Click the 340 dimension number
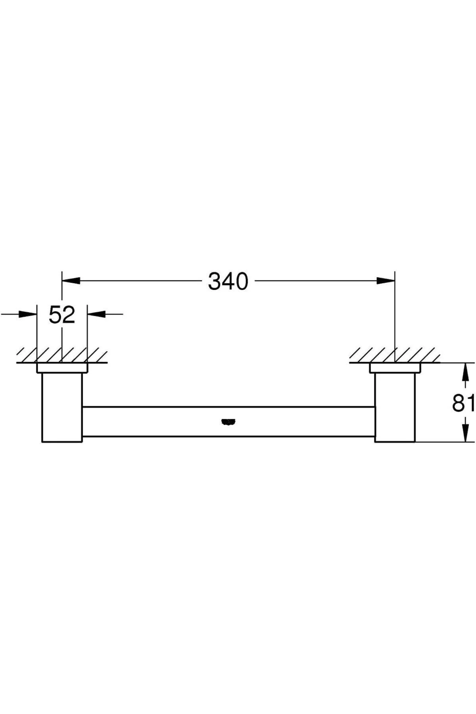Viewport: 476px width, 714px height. (x=228, y=282)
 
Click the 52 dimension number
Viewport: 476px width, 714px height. (x=62, y=315)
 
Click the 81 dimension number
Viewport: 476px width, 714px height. (x=463, y=403)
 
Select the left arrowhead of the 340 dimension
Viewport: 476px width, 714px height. (x=71, y=280)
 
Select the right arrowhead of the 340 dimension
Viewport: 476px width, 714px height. (x=386, y=280)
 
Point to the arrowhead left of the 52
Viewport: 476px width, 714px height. (x=27, y=314)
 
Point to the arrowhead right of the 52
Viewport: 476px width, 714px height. (x=96, y=314)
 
